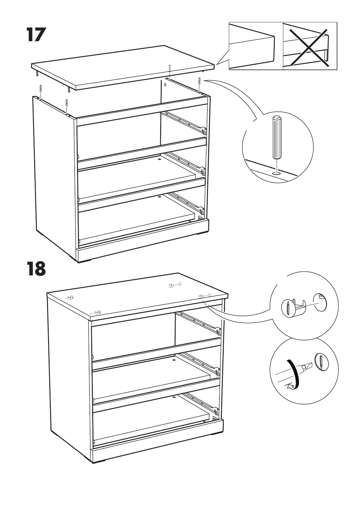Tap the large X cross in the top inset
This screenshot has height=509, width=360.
point(310,47)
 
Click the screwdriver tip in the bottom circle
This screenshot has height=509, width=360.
point(307,367)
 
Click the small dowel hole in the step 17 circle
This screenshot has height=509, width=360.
point(276,173)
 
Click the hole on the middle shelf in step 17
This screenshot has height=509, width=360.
point(160,157)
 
